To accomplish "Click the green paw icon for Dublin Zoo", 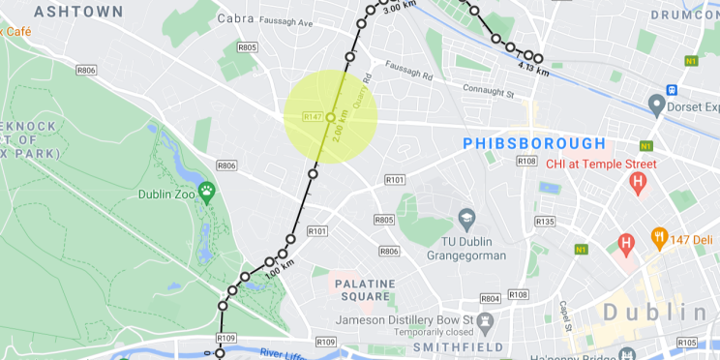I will pyautogui.click(x=207, y=190).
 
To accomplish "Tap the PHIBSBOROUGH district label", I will pyautogui.click(x=534, y=143).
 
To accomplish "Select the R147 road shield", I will pyautogui.click(x=312, y=117).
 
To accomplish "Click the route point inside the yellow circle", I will pyautogui.click(x=330, y=117).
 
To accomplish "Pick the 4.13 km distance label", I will pyautogui.click(x=533, y=70).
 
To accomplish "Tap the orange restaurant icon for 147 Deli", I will pyautogui.click(x=660, y=236).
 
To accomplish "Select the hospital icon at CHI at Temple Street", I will pyautogui.click(x=638, y=183).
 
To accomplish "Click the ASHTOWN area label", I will pyautogui.click(x=78, y=12).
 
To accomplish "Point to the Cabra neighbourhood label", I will pyautogui.click(x=235, y=18).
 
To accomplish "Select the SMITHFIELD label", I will pyautogui.click(x=459, y=346).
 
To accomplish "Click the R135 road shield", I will pyautogui.click(x=545, y=222).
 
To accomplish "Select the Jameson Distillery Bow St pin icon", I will pyautogui.click(x=487, y=320).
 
